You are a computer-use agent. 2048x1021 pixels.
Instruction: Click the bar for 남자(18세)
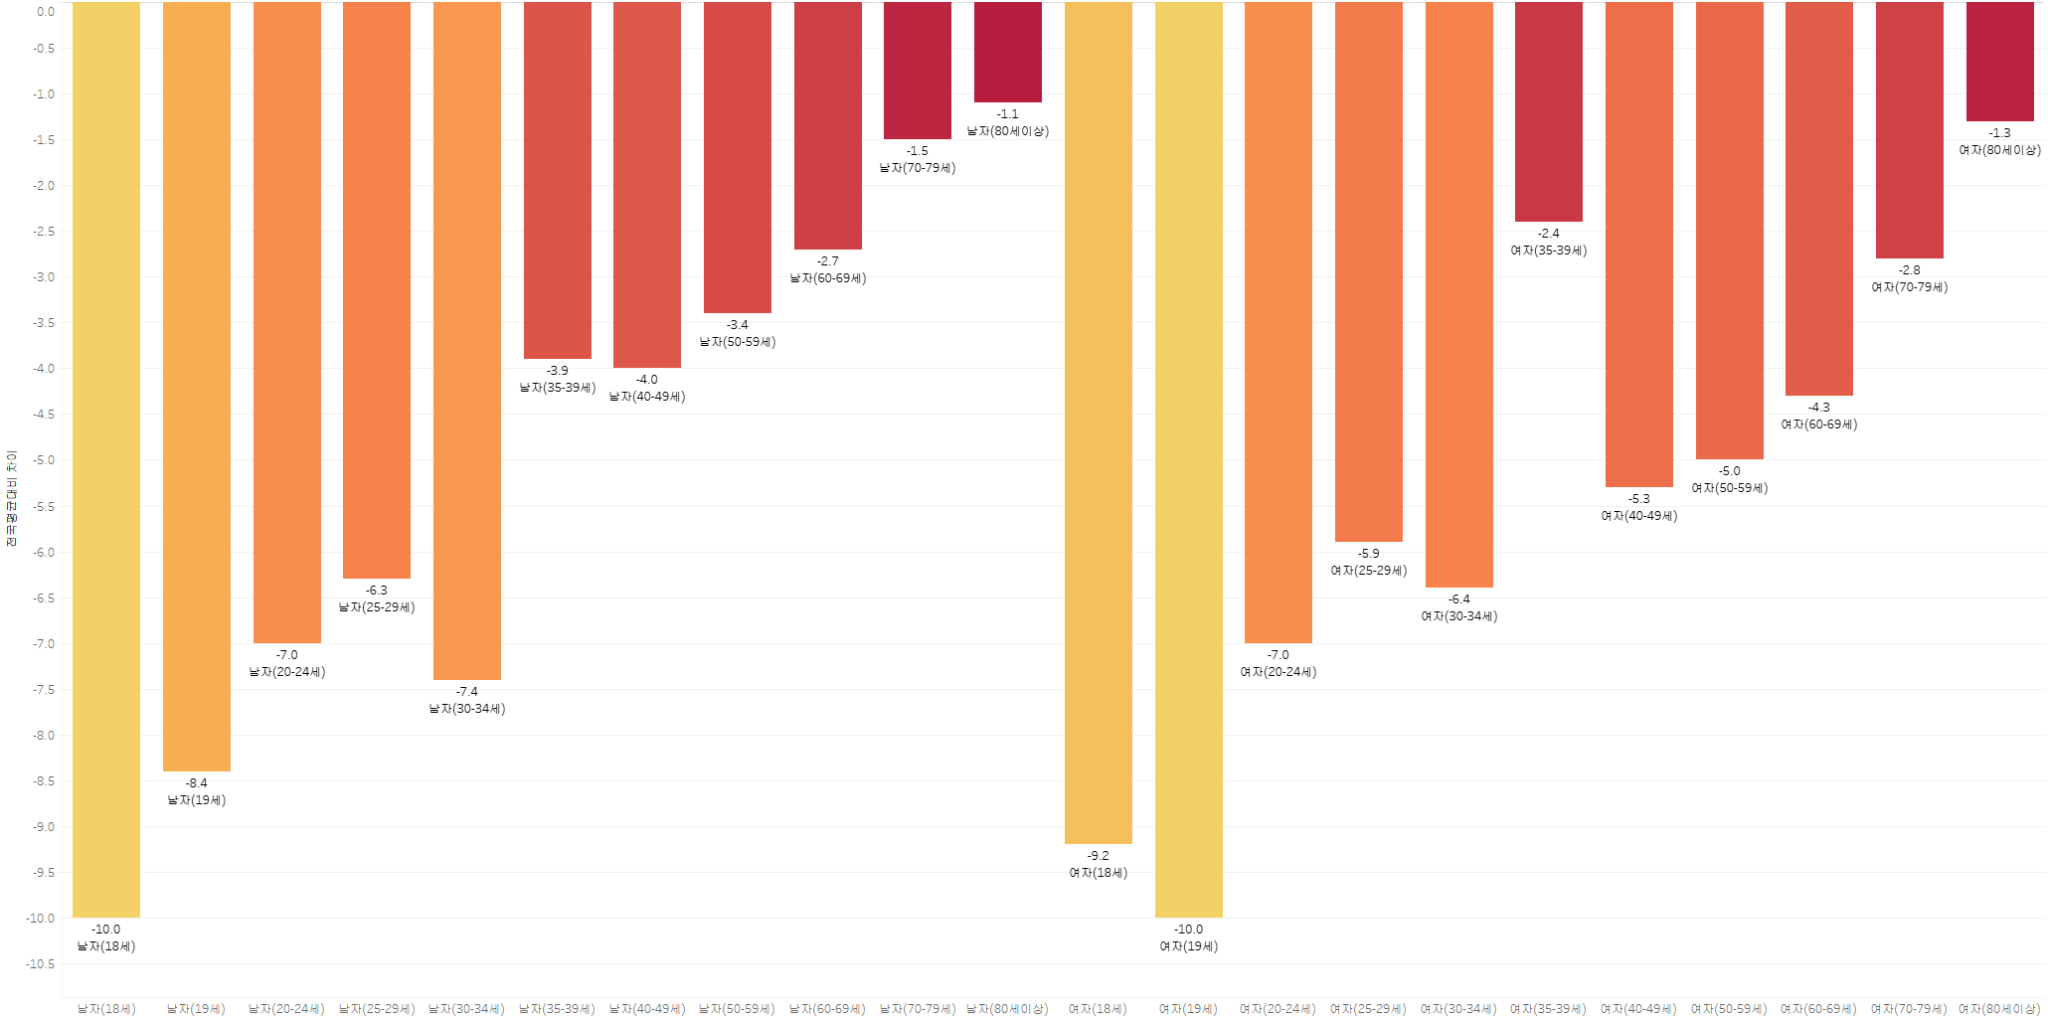click(x=106, y=459)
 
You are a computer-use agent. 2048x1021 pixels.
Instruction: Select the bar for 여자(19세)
click(x=1188, y=459)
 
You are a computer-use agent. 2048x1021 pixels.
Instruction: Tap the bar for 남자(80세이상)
click(x=1007, y=52)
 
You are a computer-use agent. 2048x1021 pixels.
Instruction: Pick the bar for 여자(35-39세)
click(x=1548, y=111)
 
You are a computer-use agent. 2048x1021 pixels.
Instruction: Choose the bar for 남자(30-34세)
click(x=466, y=341)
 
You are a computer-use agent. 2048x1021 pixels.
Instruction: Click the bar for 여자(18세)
click(x=1098, y=423)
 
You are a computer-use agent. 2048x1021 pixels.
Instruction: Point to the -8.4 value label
click(x=197, y=783)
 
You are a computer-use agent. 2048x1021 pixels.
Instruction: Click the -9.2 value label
click(x=1098, y=856)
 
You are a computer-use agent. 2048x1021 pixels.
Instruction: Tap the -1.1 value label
click(x=1007, y=114)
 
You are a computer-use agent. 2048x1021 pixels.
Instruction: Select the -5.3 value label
click(x=1638, y=499)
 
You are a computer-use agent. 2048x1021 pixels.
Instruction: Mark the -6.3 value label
click(x=377, y=591)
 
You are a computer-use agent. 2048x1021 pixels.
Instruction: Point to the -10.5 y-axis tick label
click(x=41, y=964)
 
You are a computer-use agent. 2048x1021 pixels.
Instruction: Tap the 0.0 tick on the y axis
click(x=46, y=12)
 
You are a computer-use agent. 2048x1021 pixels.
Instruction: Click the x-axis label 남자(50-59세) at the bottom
click(x=737, y=1009)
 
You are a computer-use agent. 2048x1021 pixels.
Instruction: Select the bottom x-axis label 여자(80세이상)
click(x=1999, y=1009)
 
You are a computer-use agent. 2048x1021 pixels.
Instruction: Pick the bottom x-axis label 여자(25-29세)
click(x=1368, y=1009)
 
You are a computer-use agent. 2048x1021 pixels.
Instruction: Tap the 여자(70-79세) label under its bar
click(x=1909, y=287)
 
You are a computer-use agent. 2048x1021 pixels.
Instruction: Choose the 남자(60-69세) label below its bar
click(x=827, y=278)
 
